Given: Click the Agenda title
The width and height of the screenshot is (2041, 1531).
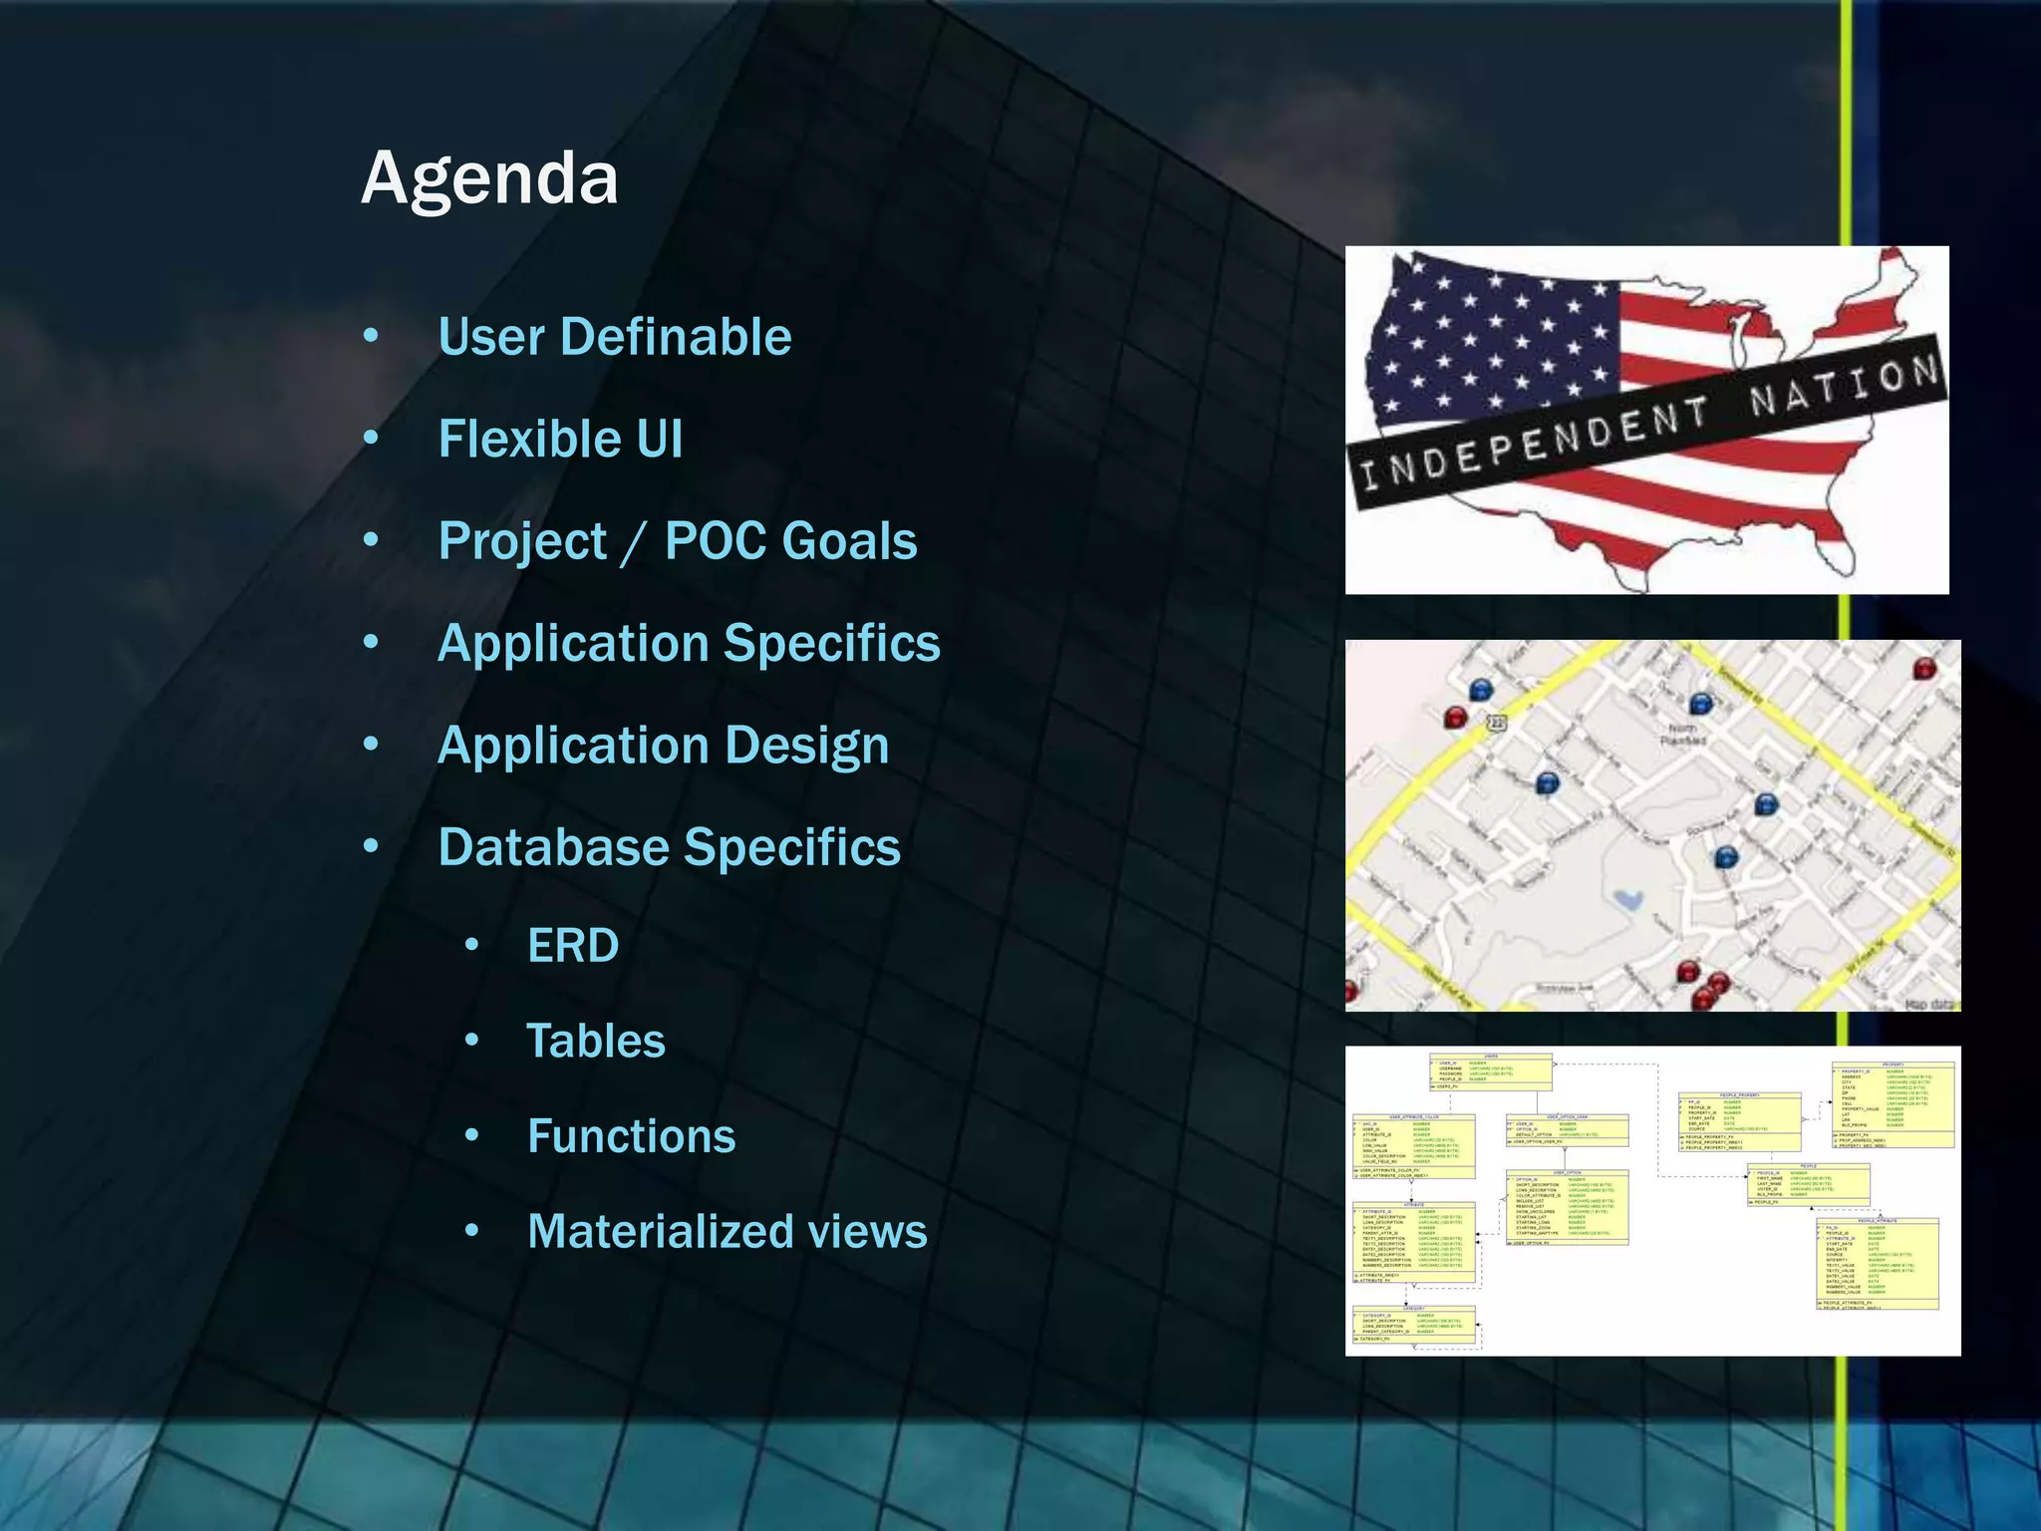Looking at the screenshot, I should (x=489, y=179).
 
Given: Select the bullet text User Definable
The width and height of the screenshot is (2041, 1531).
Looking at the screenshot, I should (x=614, y=337).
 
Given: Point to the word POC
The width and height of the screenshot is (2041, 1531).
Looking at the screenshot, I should (x=715, y=541).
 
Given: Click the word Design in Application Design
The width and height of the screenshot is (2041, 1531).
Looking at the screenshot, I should (x=806, y=746).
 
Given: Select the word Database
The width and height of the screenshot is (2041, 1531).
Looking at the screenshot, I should (x=553, y=847).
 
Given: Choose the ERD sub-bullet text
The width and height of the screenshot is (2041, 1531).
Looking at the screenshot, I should (x=572, y=945).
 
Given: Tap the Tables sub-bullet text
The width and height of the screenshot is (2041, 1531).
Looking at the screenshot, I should (x=595, y=1041).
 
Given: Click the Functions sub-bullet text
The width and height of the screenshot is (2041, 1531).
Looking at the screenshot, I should (x=631, y=1136).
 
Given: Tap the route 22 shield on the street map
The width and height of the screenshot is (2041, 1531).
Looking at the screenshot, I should (x=1496, y=723).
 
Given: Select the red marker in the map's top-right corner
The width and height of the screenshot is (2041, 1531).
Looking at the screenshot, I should (x=1923, y=667).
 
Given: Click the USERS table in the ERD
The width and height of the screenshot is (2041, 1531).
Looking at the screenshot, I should (x=1491, y=1072).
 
